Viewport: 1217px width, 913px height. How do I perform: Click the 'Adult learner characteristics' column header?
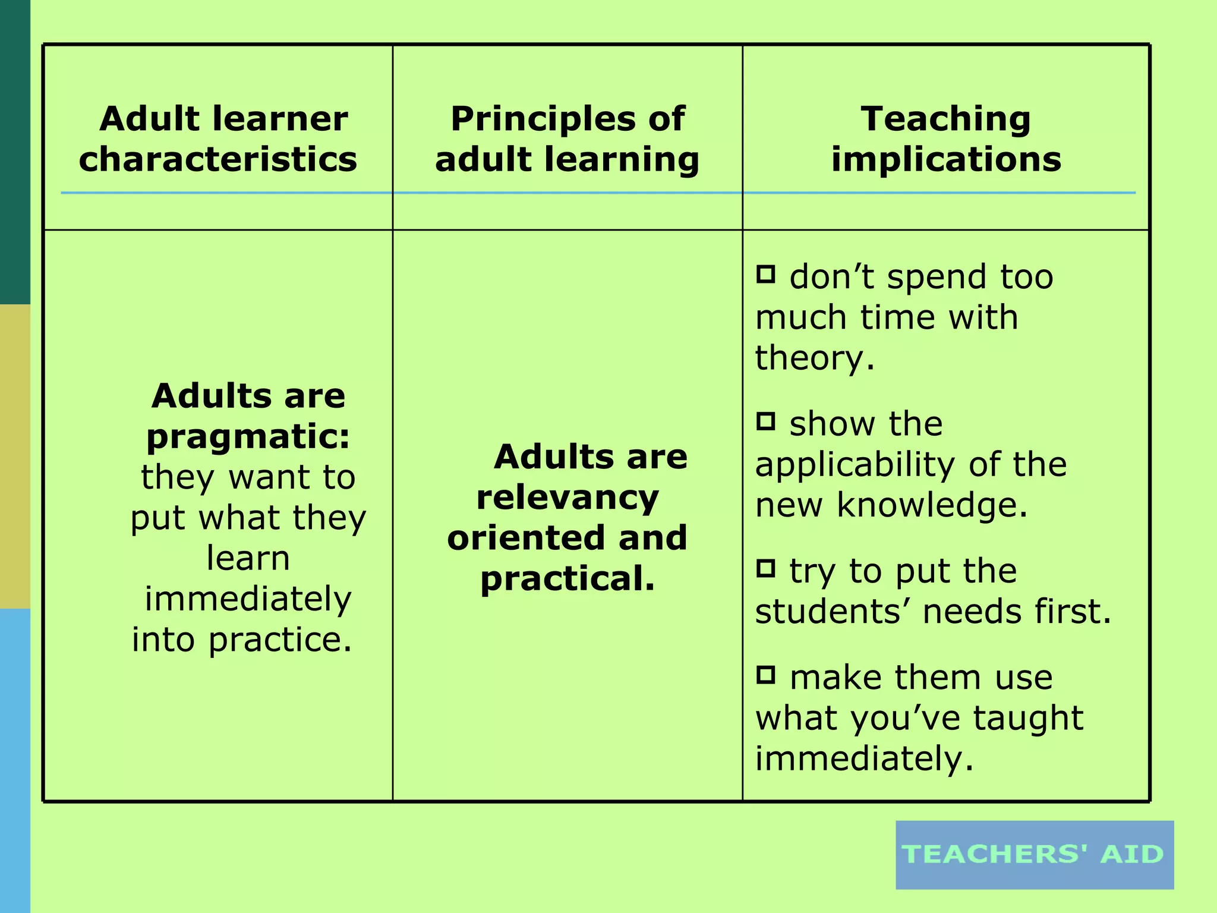click(218, 139)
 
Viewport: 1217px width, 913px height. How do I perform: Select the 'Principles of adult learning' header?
click(567, 139)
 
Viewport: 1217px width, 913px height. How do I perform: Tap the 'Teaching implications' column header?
click(946, 139)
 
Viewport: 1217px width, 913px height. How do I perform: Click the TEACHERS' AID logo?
click(1034, 855)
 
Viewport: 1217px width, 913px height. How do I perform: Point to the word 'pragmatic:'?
click(248, 437)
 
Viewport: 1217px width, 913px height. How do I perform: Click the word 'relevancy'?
click(567, 498)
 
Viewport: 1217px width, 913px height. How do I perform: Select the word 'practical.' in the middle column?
click(567, 578)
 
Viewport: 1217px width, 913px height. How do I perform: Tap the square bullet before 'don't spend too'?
click(766, 274)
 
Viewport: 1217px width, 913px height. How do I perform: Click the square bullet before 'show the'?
click(766, 421)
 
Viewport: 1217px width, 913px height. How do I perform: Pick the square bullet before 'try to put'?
click(766, 568)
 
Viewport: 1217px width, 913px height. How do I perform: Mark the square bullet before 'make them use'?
click(766, 675)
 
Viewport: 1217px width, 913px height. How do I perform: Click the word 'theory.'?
click(815, 358)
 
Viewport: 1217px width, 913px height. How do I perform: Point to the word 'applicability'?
click(856, 465)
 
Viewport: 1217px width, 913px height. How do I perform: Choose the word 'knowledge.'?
click(932, 505)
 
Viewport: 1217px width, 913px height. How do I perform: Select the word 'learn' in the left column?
click(248, 558)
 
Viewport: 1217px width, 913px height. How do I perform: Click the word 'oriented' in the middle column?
click(526, 538)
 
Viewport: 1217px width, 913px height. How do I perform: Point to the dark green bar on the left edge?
click(15, 152)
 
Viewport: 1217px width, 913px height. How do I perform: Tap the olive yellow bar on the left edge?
click(15, 456)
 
